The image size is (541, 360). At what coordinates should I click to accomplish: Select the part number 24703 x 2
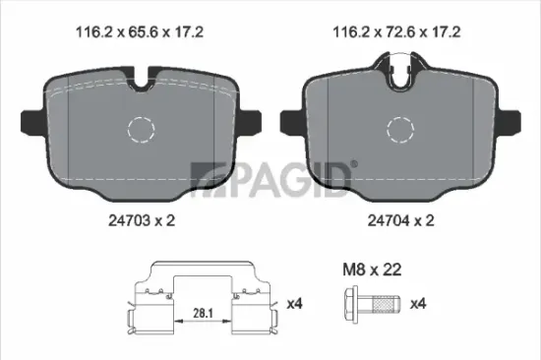138,223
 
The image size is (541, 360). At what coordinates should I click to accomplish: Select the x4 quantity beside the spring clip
293,303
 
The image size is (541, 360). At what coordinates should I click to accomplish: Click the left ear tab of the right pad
288,121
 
